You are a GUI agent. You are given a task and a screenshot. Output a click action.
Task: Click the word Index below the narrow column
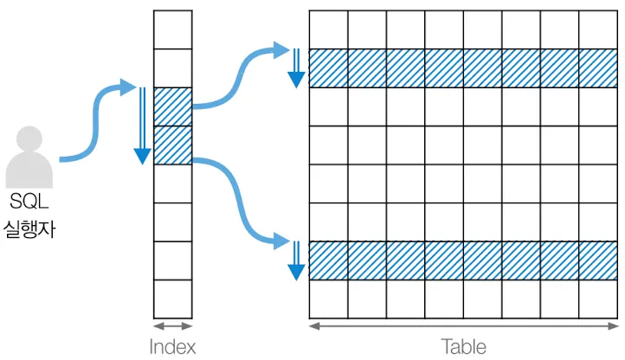pyautogui.click(x=172, y=347)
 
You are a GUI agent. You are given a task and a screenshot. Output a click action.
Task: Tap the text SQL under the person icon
pyautogui.click(x=30, y=202)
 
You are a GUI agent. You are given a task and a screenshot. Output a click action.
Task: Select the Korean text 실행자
pyautogui.click(x=30, y=230)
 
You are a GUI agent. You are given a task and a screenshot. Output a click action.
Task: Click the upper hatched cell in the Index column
pyautogui.click(x=172, y=106)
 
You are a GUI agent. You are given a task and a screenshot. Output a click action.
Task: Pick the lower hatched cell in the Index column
pyautogui.click(x=172, y=145)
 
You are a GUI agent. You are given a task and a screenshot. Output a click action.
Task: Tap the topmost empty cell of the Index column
pyautogui.click(x=172, y=29)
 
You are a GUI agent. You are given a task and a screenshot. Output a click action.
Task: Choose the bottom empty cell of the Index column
pyautogui.click(x=172, y=299)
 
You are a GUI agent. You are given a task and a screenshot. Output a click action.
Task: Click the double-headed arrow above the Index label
pyautogui.click(x=172, y=326)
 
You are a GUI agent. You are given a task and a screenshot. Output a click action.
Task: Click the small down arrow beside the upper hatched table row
pyautogui.click(x=297, y=67)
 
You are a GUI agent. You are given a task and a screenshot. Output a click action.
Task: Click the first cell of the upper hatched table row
pyautogui.click(x=328, y=68)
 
